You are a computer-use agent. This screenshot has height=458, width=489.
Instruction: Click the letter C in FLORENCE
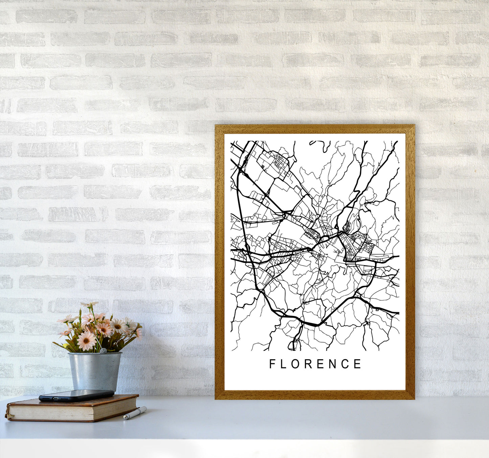(346, 364)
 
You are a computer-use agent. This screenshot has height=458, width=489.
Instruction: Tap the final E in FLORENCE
(358, 364)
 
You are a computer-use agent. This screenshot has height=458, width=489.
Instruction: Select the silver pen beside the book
(135, 413)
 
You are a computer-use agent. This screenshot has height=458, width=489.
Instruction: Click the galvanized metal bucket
(94, 371)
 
